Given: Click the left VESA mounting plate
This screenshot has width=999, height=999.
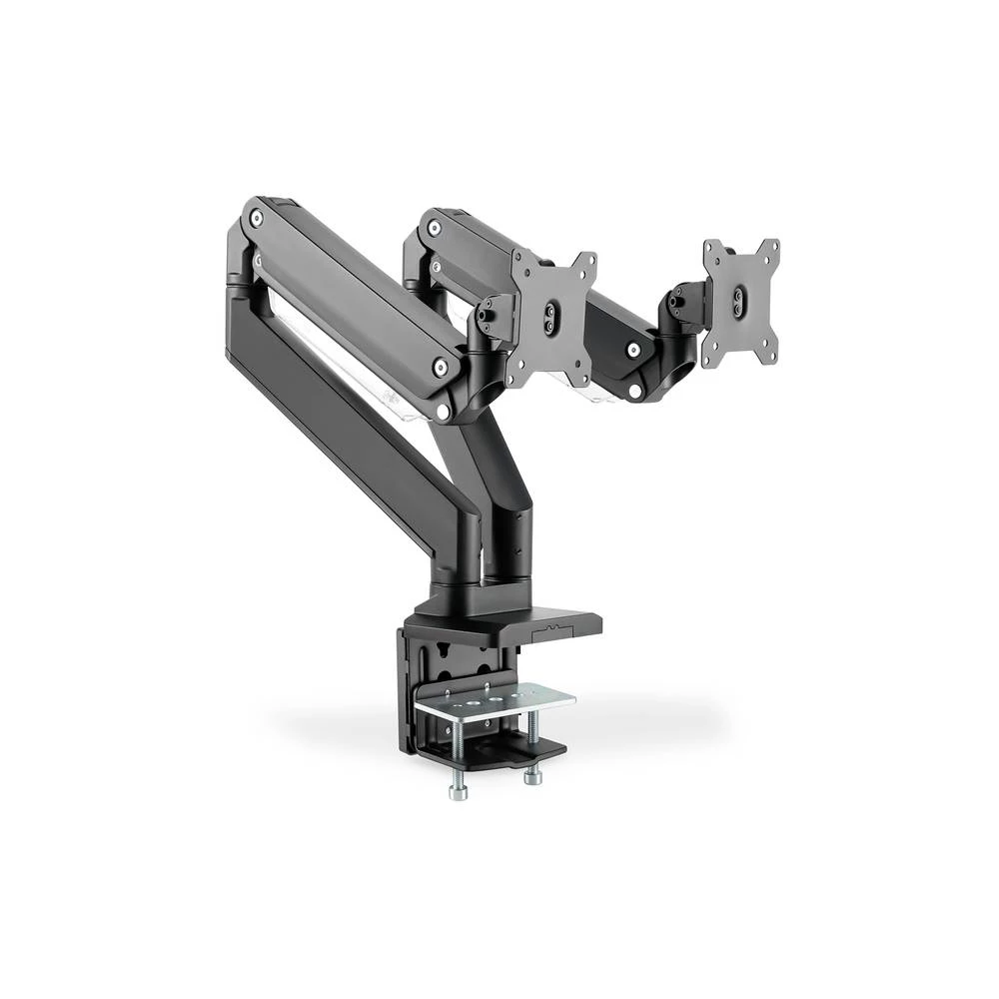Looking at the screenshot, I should pos(551,318).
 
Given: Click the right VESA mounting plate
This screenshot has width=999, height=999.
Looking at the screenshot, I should pos(740,301).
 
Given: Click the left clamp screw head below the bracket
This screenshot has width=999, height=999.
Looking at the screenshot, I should pos(458,792).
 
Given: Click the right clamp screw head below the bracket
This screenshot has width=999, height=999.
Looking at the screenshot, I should pos(532,773).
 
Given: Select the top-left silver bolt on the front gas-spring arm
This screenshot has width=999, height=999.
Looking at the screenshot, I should pos(257,216).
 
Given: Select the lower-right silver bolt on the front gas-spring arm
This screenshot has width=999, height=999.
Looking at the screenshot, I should pos(440,368).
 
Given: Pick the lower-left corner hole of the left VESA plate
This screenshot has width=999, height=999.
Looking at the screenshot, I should pos(515,378).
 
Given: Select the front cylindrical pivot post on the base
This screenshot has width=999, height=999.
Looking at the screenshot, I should pos(456,569).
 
